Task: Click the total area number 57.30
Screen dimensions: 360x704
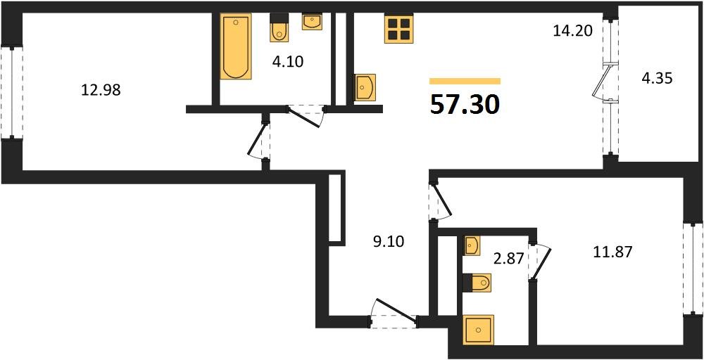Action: pyautogui.click(x=465, y=104)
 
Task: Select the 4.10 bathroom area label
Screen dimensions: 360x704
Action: pyautogui.click(x=287, y=61)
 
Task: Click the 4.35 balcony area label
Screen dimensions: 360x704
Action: pyautogui.click(x=657, y=78)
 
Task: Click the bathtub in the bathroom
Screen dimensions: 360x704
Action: pyautogui.click(x=233, y=47)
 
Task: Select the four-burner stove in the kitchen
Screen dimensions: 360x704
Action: pyautogui.click(x=398, y=29)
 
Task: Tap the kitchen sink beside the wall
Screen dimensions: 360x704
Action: pyautogui.click(x=365, y=88)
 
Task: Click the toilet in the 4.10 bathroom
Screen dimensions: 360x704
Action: pyautogui.click(x=279, y=30)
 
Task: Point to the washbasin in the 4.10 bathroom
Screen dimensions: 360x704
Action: pyautogui.click(x=312, y=21)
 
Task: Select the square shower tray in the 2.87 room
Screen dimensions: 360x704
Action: pyautogui.click(x=479, y=330)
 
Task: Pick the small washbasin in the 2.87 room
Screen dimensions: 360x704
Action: pyautogui.click(x=472, y=245)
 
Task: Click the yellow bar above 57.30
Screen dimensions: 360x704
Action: pyautogui.click(x=465, y=81)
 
